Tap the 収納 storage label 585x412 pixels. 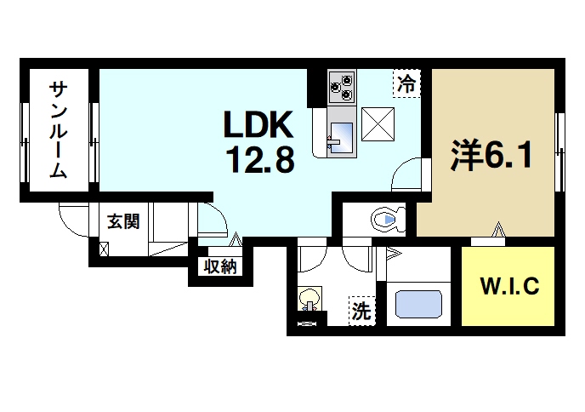pyautogui.click(x=219, y=266)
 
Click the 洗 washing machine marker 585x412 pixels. pyautogui.click(x=361, y=312)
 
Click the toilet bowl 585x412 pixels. pyautogui.click(x=385, y=220)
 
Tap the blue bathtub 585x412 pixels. pyautogui.click(x=422, y=304)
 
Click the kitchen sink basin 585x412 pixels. pyautogui.click(x=342, y=134)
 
